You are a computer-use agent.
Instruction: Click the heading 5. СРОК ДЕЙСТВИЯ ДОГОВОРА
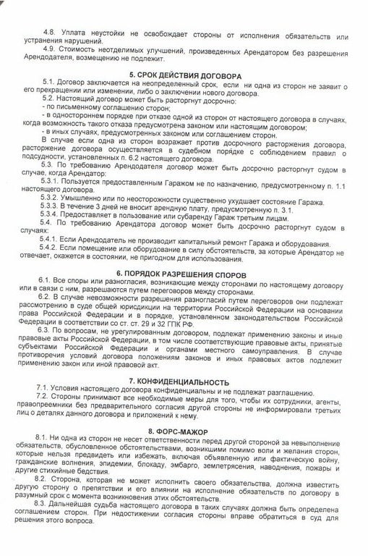pyautogui.click(x=185, y=75)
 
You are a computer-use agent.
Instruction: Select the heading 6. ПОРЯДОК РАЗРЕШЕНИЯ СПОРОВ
pyautogui.click(x=186, y=276)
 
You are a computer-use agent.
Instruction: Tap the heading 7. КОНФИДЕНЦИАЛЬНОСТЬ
pyautogui.click(x=186, y=382)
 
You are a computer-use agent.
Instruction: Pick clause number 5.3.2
pyautogui.click(x=54, y=198)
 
